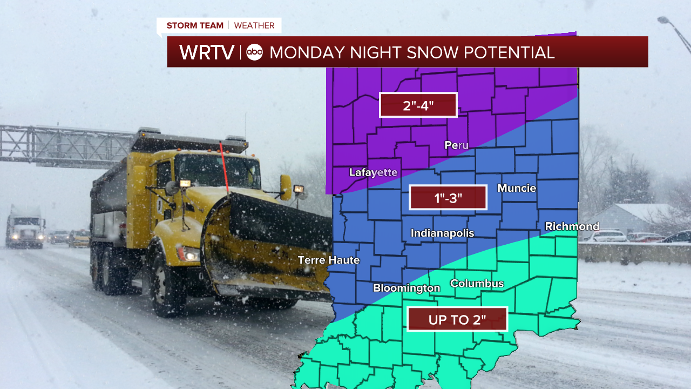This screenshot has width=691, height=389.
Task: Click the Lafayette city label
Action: click(x=373, y=172)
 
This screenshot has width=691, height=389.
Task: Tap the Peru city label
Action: click(x=456, y=145)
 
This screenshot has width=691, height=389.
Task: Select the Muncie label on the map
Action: click(x=517, y=188)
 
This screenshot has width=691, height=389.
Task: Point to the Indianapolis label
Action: click(x=442, y=233)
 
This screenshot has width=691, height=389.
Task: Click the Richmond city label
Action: click(x=572, y=226)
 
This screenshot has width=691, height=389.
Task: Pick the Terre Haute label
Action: click(x=329, y=260)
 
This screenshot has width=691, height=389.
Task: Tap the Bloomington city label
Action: click(x=407, y=288)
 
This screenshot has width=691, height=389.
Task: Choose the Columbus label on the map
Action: click(x=477, y=284)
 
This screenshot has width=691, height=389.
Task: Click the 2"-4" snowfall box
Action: click(x=418, y=105)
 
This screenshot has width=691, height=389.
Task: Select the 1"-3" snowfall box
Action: click(x=448, y=198)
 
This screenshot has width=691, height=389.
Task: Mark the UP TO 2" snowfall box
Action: click(x=457, y=319)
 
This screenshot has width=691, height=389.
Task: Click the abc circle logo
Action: click(x=254, y=52)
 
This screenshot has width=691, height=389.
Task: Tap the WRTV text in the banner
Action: click(x=207, y=52)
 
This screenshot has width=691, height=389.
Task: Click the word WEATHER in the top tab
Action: click(x=254, y=25)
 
